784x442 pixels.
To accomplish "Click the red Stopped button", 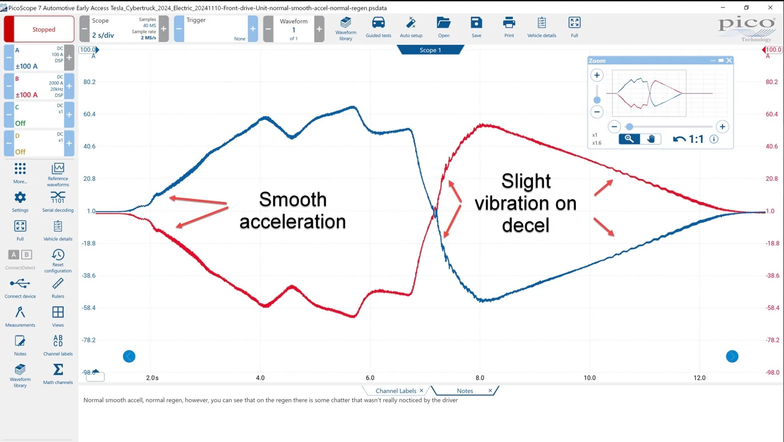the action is click(39, 29).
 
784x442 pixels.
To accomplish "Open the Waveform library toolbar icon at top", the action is click(345, 23).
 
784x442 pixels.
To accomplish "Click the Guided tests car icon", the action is click(378, 23).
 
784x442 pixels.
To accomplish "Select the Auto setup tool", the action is click(411, 23).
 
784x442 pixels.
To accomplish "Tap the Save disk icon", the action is click(476, 23).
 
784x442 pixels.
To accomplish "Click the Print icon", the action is click(509, 23).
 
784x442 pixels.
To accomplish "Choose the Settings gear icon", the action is click(20, 197).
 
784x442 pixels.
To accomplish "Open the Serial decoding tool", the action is click(58, 197).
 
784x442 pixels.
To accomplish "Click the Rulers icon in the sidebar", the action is click(58, 284).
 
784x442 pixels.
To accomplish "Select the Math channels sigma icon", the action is click(58, 369).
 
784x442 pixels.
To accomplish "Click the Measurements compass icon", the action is click(20, 312).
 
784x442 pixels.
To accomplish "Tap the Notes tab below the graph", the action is click(465, 391).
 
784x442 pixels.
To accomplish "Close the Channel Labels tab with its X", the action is click(421, 390).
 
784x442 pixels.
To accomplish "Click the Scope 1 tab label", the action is click(430, 50).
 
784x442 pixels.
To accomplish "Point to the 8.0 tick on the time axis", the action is click(480, 378).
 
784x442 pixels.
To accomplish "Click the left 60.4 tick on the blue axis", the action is click(89, 114).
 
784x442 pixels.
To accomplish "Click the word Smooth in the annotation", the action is click(293, 200).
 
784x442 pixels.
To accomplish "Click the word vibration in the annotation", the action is click(525, 203).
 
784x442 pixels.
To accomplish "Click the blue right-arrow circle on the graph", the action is click(732, 356).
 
